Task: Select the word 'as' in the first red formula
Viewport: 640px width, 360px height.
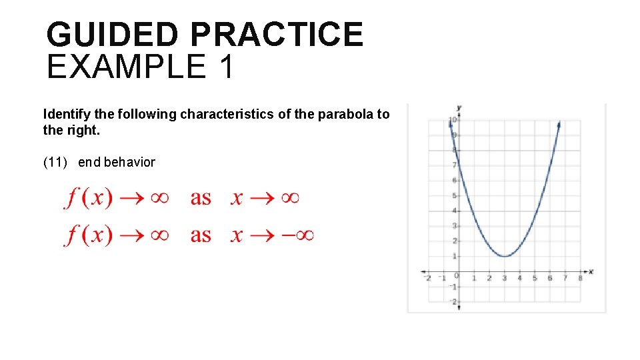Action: (x=201, y=198)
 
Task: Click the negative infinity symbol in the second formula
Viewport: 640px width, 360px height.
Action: (x=297, y=235)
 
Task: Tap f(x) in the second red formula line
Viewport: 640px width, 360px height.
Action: (x=89, y=235)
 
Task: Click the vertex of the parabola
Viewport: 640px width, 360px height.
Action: (x=505, y=256)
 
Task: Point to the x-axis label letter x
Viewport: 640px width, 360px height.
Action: (x=591, y=271)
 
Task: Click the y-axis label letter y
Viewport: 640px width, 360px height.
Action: (x=459, y=107)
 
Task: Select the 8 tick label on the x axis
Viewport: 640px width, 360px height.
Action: (x=580, y=278)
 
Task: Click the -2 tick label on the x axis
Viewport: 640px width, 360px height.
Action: (x=427, y=278)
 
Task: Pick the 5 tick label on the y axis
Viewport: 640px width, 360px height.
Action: (x=454, y=196)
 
